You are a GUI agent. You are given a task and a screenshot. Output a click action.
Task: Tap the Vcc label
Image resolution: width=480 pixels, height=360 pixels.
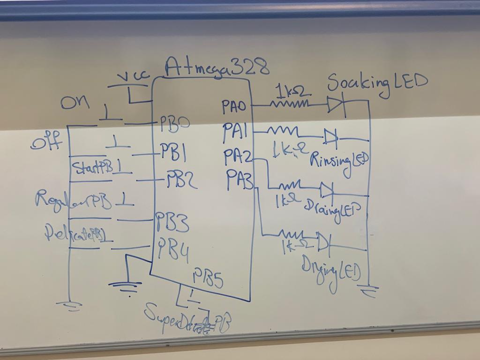coord(133,77)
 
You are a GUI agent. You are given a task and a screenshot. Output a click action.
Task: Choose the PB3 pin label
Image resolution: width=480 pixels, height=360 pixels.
coord(172,222)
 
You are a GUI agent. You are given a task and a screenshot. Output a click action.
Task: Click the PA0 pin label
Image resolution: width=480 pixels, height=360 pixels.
coord(234,107)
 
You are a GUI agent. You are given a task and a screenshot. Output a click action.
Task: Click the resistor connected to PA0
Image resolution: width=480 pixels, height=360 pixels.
coord(290,103)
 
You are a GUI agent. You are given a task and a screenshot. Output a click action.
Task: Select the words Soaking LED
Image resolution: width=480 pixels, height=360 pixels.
coord(377,83)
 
